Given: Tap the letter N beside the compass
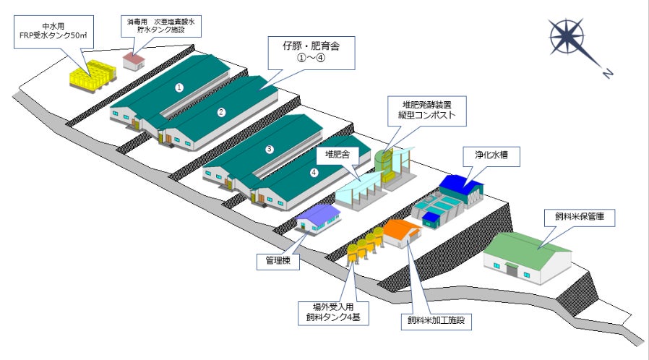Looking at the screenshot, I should coord(608,72).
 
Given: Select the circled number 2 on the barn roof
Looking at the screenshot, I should coord(222,111).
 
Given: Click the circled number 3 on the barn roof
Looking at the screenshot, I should coord(270,149).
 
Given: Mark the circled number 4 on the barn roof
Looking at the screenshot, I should coord(313,172).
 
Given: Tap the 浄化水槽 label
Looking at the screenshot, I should coord(491,154).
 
